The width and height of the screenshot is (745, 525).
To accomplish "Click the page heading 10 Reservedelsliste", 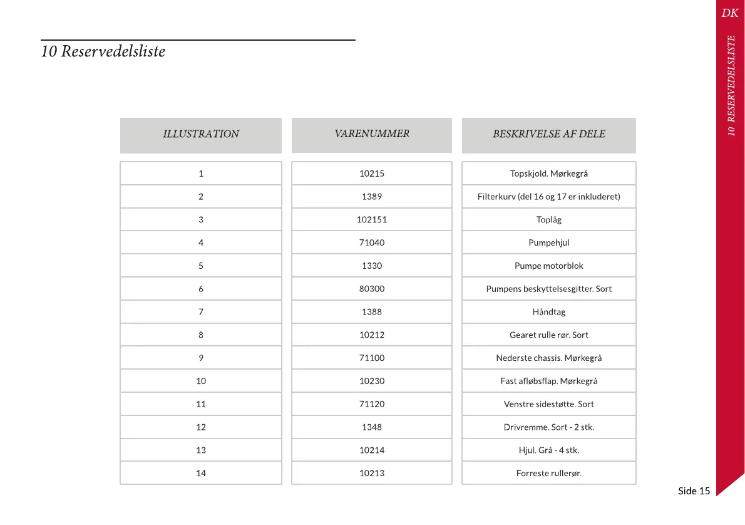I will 103,51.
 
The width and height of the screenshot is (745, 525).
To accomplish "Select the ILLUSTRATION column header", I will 200,134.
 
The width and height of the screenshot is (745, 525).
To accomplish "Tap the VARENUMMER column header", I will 372,133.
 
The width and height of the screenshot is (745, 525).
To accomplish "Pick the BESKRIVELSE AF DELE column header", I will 548,134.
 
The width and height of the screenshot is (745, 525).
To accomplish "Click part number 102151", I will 372,220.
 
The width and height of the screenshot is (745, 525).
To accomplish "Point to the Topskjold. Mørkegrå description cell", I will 548,174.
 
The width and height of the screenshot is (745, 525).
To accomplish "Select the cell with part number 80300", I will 372,289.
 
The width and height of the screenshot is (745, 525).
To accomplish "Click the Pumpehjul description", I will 548,243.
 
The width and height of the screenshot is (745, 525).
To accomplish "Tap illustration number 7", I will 201,312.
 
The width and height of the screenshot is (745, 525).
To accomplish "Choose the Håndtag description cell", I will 548,312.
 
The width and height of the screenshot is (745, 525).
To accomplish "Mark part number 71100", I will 372,358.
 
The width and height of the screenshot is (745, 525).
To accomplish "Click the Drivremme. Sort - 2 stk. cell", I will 548,427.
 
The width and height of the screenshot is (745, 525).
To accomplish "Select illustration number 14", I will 201,473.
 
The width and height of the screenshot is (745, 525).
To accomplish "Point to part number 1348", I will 372,427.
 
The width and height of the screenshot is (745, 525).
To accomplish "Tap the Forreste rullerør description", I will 548,473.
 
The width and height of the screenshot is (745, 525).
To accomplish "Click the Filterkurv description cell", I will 548,197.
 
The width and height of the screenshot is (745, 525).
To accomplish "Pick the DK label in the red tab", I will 729,13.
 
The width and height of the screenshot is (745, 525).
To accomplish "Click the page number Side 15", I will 694,491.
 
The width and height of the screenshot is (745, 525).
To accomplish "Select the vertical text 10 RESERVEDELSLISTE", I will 731,85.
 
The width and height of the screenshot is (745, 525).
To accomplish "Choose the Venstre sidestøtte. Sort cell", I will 548,404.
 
